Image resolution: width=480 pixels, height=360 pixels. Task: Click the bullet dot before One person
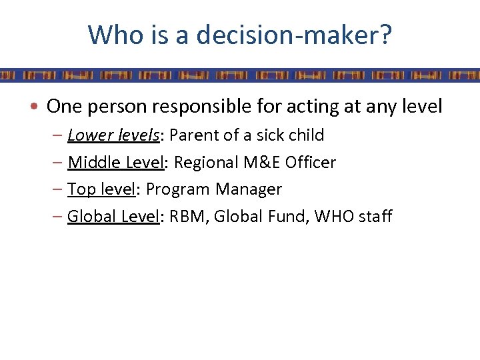coord(39,107)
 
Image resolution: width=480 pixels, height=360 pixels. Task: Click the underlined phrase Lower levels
coord(114,135)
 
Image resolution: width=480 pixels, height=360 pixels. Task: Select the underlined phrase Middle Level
coord(116,162)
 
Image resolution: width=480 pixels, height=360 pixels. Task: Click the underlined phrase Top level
coord(101,189)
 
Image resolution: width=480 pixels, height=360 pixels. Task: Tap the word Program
coord(177,190)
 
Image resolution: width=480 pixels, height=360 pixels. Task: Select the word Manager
coord(249,190)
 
